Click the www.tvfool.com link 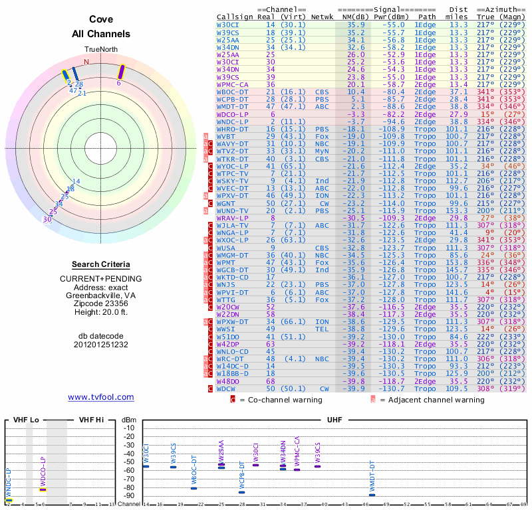[101, 397]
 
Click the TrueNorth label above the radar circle [101, 50]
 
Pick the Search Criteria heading [101, 264]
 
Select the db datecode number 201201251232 [101, 345]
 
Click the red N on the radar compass [85, 62]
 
